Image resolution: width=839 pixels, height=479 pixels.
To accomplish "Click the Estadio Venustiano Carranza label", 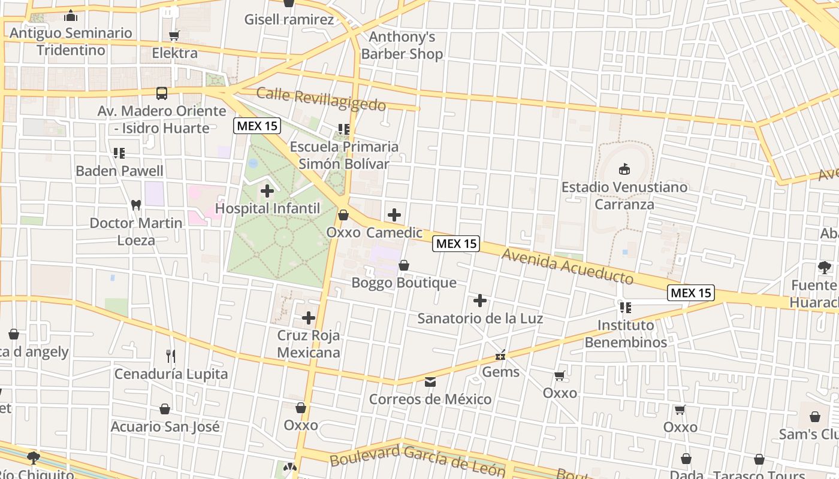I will [624, 196].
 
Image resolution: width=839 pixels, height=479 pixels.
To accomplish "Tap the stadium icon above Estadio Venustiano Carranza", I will [624, 169].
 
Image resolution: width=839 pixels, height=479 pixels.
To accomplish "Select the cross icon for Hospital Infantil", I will [267, 192].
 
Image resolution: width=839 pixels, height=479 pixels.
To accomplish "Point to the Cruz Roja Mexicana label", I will [309, 344].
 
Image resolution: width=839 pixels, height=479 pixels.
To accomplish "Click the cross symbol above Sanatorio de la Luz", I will [480, 301].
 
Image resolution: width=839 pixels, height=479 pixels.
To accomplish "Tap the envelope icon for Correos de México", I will [430, 381].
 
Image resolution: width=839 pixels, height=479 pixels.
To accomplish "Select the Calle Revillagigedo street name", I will [321, 99].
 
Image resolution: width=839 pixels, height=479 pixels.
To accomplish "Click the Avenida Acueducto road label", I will [568, 266].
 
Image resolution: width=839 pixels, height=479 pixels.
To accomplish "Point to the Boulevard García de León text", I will [417, 459].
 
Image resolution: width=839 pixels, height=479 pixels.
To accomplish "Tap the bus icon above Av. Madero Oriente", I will [162, 93].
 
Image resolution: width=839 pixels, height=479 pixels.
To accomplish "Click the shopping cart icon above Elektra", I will [174, 36].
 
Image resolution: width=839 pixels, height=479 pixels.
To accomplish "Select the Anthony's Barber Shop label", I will [402, 46].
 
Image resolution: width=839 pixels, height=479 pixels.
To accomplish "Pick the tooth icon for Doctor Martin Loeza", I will [136, 205].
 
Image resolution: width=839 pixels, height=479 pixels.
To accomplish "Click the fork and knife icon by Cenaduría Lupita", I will [171, 356].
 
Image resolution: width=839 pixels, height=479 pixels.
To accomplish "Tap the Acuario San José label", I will [165, 427].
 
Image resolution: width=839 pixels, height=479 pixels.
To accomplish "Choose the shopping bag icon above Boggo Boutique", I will [404, 265].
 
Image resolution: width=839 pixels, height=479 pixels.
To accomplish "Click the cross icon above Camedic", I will [394, 215].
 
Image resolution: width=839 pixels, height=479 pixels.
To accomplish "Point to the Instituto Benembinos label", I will [626, 334].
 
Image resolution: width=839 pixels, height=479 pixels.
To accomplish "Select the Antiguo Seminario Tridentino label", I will [71, 41].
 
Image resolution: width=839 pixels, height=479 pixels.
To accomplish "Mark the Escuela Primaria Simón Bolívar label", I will [344, 155].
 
